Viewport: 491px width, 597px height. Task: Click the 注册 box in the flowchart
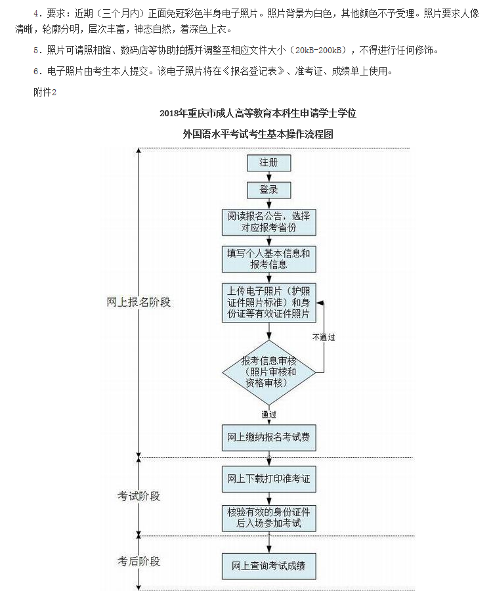tap(268, 163)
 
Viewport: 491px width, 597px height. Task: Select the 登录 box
tap(268, 190)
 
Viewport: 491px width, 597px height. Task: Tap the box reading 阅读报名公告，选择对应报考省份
tap(268, 221)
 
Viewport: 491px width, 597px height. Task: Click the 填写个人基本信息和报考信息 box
tap(268, 259)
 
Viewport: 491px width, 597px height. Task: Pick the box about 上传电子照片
tap(268, 302)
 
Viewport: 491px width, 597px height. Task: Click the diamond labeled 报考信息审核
tap(268, 372)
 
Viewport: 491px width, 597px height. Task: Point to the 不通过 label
tap(324, 337)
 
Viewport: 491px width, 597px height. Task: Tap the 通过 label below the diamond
tap(268, 414)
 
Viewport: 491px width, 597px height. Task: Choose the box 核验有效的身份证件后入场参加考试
tap(268, 518)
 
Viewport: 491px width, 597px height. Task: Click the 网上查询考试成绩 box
tap(268, 565)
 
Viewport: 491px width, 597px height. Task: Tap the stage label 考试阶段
tap(139, 496)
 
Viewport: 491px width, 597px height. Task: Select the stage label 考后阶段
tap(139, 561)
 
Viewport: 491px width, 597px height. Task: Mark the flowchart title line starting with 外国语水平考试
tap(258, 134)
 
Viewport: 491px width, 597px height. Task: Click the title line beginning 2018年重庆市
tap(258, 113)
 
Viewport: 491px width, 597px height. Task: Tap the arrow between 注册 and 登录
tap(268, 176)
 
